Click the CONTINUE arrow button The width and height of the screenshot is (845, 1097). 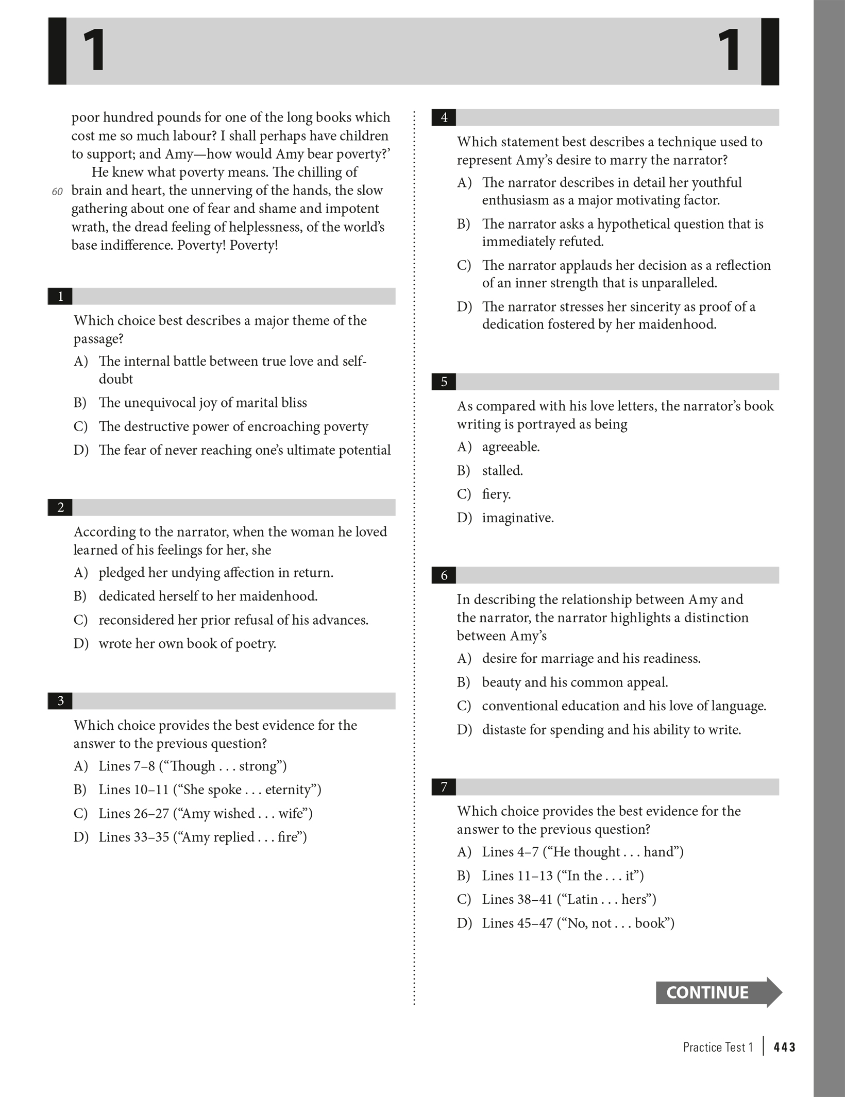(718, 992)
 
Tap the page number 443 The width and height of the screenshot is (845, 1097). (784, 1047)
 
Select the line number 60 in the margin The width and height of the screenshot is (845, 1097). (57, 192)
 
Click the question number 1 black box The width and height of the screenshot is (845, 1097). (60, 297)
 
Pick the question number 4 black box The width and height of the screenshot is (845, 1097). (444, 118)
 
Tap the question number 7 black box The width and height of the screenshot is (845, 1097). (444, 787)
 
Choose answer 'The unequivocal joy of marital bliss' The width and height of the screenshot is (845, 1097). (202, 403)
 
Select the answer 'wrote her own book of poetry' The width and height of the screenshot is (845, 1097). (187, 644)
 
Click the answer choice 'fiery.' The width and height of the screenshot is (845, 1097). (496, 494)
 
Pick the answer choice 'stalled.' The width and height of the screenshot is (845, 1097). (502, 471)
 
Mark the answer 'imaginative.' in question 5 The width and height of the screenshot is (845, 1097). (518, 518)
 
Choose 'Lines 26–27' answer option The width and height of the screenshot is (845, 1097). (206, 814)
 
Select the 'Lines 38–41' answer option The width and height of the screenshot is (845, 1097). (569, 899)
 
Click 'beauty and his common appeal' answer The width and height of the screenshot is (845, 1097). (574, 682)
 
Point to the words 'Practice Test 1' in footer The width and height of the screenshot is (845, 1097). (718, 1047)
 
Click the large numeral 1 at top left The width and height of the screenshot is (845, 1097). (94, 51)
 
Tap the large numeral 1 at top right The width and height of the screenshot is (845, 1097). (730, 51)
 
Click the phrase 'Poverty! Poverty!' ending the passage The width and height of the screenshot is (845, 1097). (227, 245)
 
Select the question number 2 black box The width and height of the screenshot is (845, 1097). (60, 508)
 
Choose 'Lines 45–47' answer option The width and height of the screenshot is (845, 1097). (578, 923)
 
